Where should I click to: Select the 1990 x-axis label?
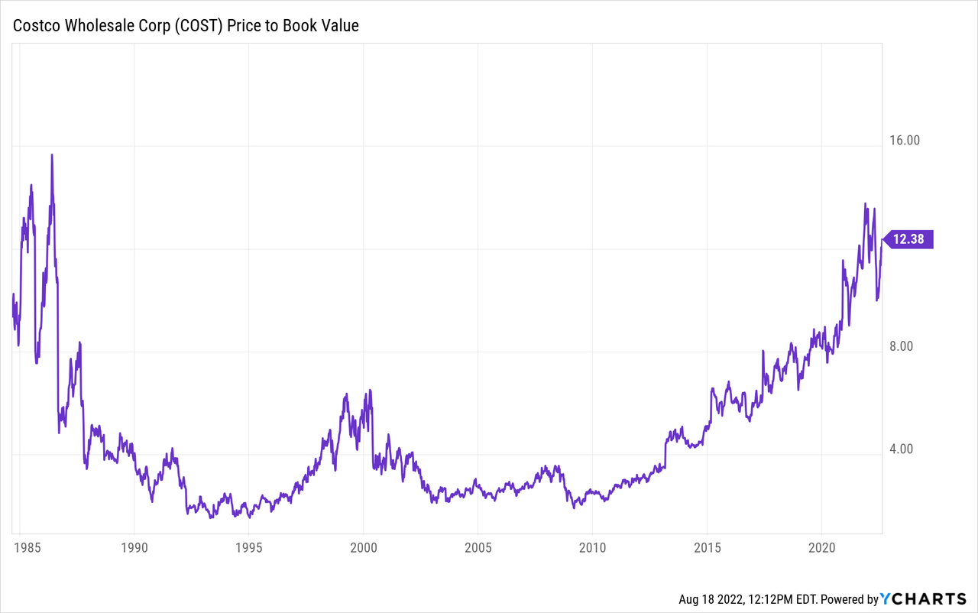coord(134,547)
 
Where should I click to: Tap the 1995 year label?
coord(248,547)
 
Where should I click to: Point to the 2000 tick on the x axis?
coord(363,547)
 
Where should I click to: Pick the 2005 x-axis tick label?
coord(478,547)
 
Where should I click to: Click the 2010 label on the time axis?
coord(592,547)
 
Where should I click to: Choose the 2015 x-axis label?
coord(707,547)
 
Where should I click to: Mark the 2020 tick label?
coord(821,547)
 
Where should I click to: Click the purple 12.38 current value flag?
coord(908,239)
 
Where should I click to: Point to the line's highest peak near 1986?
coord(52,155)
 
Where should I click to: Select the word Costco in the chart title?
coord(36,26)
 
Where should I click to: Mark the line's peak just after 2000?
coord(370,391)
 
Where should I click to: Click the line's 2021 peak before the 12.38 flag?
coord(865,204)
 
